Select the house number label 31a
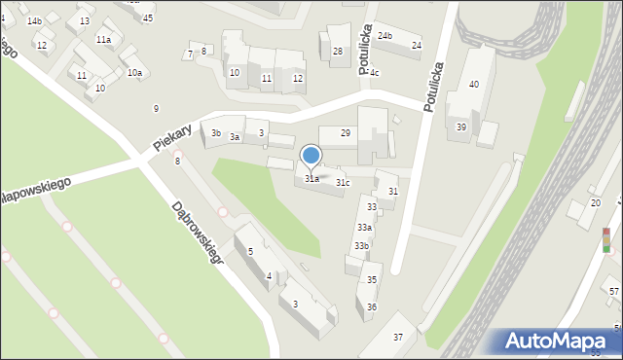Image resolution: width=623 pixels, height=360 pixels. [x=311, y=179]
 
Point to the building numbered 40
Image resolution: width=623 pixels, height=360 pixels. [x=474, y=85]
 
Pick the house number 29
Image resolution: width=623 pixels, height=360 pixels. [x=346, y=132]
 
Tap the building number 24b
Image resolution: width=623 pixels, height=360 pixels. [x=385, y=36]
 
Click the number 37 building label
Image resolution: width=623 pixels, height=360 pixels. [x=397, y=337]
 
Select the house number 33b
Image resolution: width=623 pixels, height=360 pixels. [x=361, y=246]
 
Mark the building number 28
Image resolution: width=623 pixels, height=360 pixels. [x=338, y=52]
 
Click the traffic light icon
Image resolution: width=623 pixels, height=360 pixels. [x=606, y=240]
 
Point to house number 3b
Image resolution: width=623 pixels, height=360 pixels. [x=216, y=133]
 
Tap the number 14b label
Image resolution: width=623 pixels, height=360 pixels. [x=34, y=21]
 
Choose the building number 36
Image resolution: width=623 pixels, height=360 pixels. [x=372, y=306]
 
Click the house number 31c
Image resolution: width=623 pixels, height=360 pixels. [x=343, y=183]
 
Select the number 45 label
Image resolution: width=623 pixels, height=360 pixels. [x=148, y=18]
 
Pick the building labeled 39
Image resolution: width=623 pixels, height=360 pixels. [x=461, y=127]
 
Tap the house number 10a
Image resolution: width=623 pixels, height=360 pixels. [x=134, y=73]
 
